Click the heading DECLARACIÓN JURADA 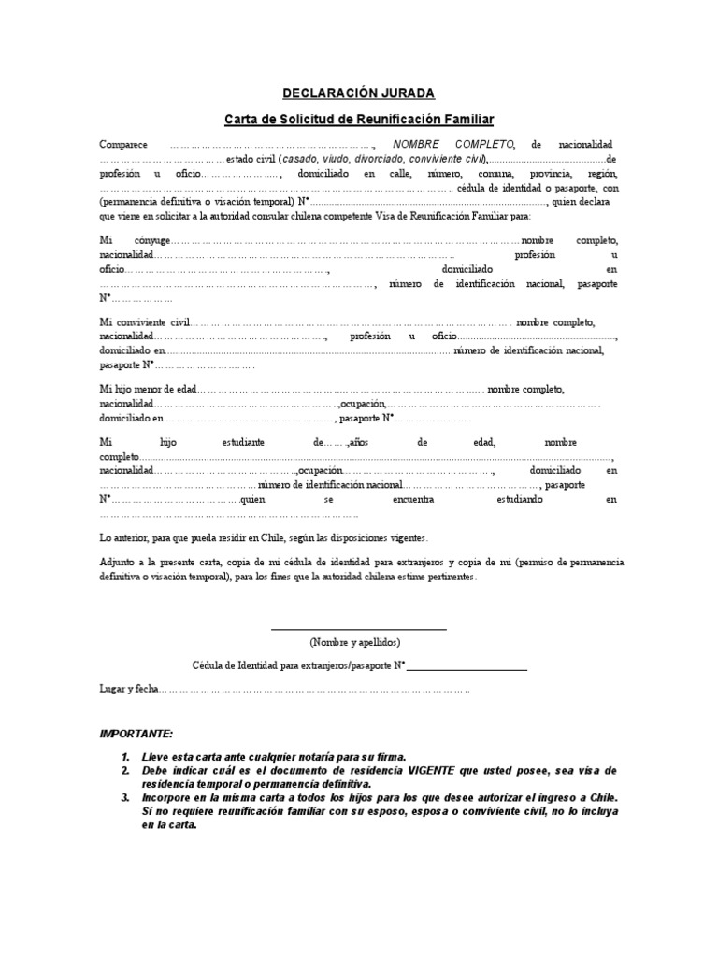(x=358, y=93)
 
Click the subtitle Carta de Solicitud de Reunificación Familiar (x=358, y=120)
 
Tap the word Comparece (x=123, y=146)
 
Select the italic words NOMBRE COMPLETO (x=453, y=146)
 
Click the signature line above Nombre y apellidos (x=358, y=630)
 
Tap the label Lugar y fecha (x=129, y=689)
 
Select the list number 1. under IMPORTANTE (x=124, y=756)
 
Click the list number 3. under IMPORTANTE (x=124, y=799)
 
